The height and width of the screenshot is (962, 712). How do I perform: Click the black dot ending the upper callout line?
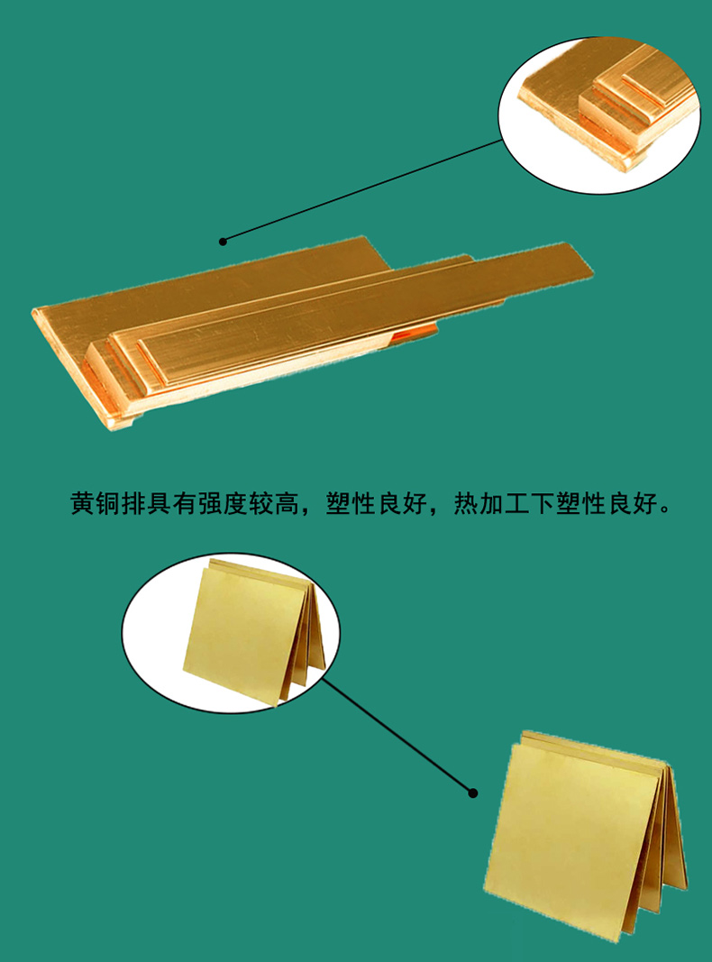pos(224,242)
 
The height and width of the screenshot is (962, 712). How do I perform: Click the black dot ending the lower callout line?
pos(473,793)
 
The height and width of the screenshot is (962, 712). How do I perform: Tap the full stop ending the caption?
pos(665,510)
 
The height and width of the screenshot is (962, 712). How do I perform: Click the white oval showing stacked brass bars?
pos(599,115)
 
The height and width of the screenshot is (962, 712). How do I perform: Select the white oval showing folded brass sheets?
pos(231,633)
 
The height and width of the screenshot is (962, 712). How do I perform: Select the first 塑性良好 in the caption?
pos(376,504)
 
